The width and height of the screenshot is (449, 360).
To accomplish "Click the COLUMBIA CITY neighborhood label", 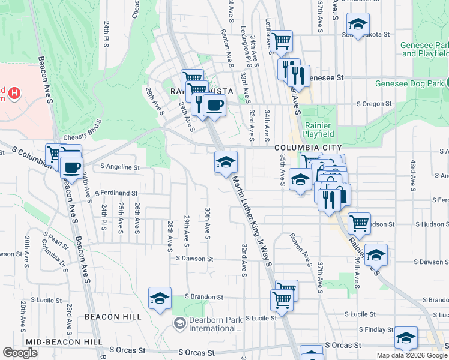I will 309,148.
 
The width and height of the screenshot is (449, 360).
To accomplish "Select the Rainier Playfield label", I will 318,129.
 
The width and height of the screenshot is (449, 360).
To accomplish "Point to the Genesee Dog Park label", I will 411,84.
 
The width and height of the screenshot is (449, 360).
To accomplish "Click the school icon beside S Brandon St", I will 160,298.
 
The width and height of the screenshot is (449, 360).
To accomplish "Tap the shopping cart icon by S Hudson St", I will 359,223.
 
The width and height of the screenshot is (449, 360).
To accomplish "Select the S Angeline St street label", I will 120,167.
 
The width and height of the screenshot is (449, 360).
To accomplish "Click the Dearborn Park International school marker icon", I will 179,324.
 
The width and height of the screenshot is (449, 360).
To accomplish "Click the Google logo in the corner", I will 20,353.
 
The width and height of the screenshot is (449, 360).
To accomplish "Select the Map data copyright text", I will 411,355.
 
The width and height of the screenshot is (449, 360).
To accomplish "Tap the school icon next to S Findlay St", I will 406,337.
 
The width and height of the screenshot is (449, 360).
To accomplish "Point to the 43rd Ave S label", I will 412,174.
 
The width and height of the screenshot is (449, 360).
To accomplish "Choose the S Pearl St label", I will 56,236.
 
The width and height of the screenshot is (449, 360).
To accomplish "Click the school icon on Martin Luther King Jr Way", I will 226,162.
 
